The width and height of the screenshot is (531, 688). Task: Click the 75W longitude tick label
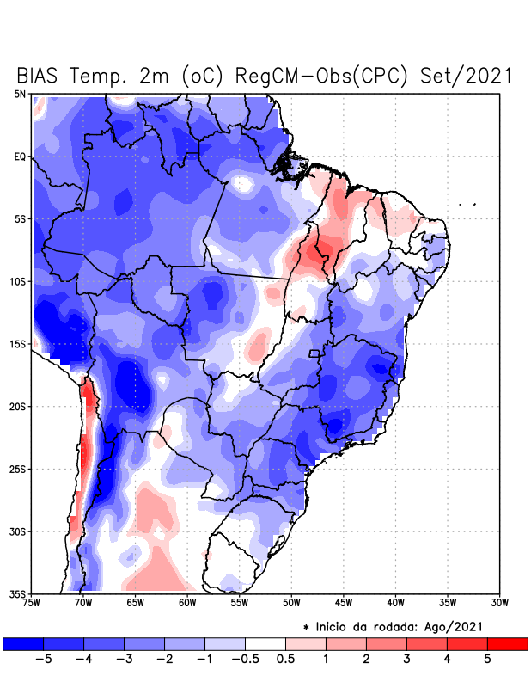click(32, 603)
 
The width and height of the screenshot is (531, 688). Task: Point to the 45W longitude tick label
click(344, 603)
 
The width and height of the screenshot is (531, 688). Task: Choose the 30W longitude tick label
click(499, 603)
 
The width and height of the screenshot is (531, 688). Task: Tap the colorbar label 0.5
click(285, 660)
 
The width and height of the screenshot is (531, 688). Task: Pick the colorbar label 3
click(406, 660)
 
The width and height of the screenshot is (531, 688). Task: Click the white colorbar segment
click(265, 643)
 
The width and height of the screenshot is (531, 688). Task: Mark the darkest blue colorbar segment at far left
click(22, 643)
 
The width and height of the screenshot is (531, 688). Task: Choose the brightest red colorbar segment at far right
click(507, 643)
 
